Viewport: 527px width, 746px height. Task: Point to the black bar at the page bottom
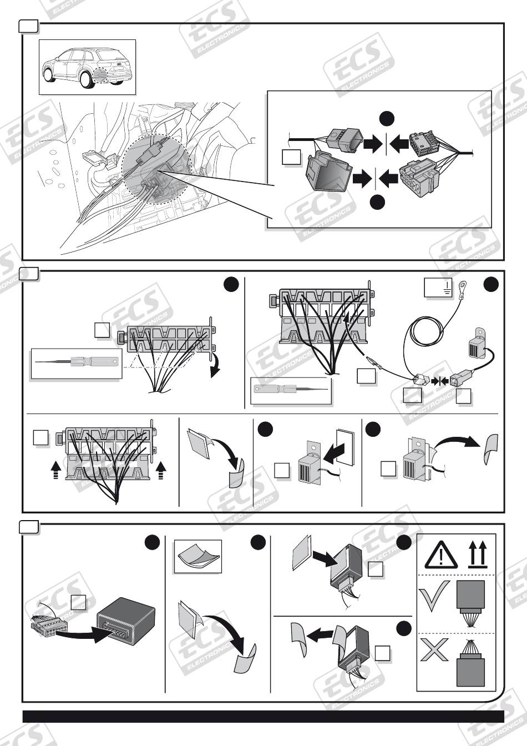point(263,716)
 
